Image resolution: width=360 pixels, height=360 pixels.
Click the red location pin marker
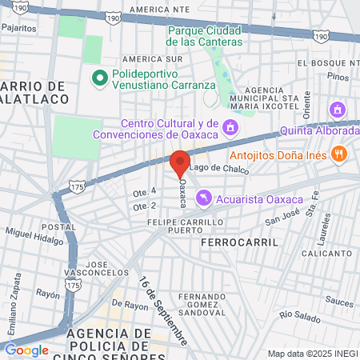180,162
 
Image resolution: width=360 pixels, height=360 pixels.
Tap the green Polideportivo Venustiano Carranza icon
100,78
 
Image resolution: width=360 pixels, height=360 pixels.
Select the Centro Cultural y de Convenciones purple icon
230,127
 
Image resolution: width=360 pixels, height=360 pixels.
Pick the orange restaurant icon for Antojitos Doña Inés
339,154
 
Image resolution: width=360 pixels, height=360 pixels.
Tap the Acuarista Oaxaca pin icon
205,196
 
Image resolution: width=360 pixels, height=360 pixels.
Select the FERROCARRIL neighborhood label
240,241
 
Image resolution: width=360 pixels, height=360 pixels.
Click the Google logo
26,350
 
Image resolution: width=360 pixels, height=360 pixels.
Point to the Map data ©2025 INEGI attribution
311,354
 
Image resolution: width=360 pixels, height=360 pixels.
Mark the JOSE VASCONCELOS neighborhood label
107,269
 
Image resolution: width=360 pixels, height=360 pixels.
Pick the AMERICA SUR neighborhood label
152,59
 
